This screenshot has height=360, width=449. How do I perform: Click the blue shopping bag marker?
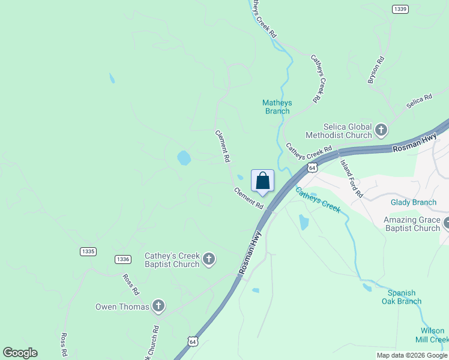click(x=262, y=181)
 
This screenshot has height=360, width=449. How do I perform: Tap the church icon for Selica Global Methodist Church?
click(x=381, y=130)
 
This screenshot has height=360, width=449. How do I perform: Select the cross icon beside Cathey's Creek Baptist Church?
click(x=208, y=259)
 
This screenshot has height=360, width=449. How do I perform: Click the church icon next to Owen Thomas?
click(x=158, y=306)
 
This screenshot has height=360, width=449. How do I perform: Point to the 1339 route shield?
click(x=400, y=8)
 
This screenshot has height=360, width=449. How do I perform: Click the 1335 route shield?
click(x=88, y=251)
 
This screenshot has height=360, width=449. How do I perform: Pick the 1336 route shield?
click(x=123, y=259)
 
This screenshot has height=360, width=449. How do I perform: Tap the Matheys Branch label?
click(x=277, y=106)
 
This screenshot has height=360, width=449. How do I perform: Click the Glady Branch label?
click(x=413, y=203)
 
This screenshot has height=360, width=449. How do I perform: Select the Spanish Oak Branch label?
click(x=401, y=297)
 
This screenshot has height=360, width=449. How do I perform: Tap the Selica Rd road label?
click(x=419, y=101)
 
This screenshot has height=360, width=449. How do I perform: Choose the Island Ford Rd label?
click(x=352, y=179)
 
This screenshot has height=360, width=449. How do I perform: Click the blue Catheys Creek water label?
click(x=318, y=200)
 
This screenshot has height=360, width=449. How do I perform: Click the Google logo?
click(x=20, y=353)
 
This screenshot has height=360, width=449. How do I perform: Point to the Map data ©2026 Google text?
click(x=412, y=355)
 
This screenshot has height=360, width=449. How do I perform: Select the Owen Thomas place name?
click(x=122, y=307)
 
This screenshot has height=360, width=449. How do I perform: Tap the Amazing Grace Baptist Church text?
click(x=412, y=224)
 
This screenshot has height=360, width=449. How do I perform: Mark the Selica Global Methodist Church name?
click(x=339, y=131)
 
